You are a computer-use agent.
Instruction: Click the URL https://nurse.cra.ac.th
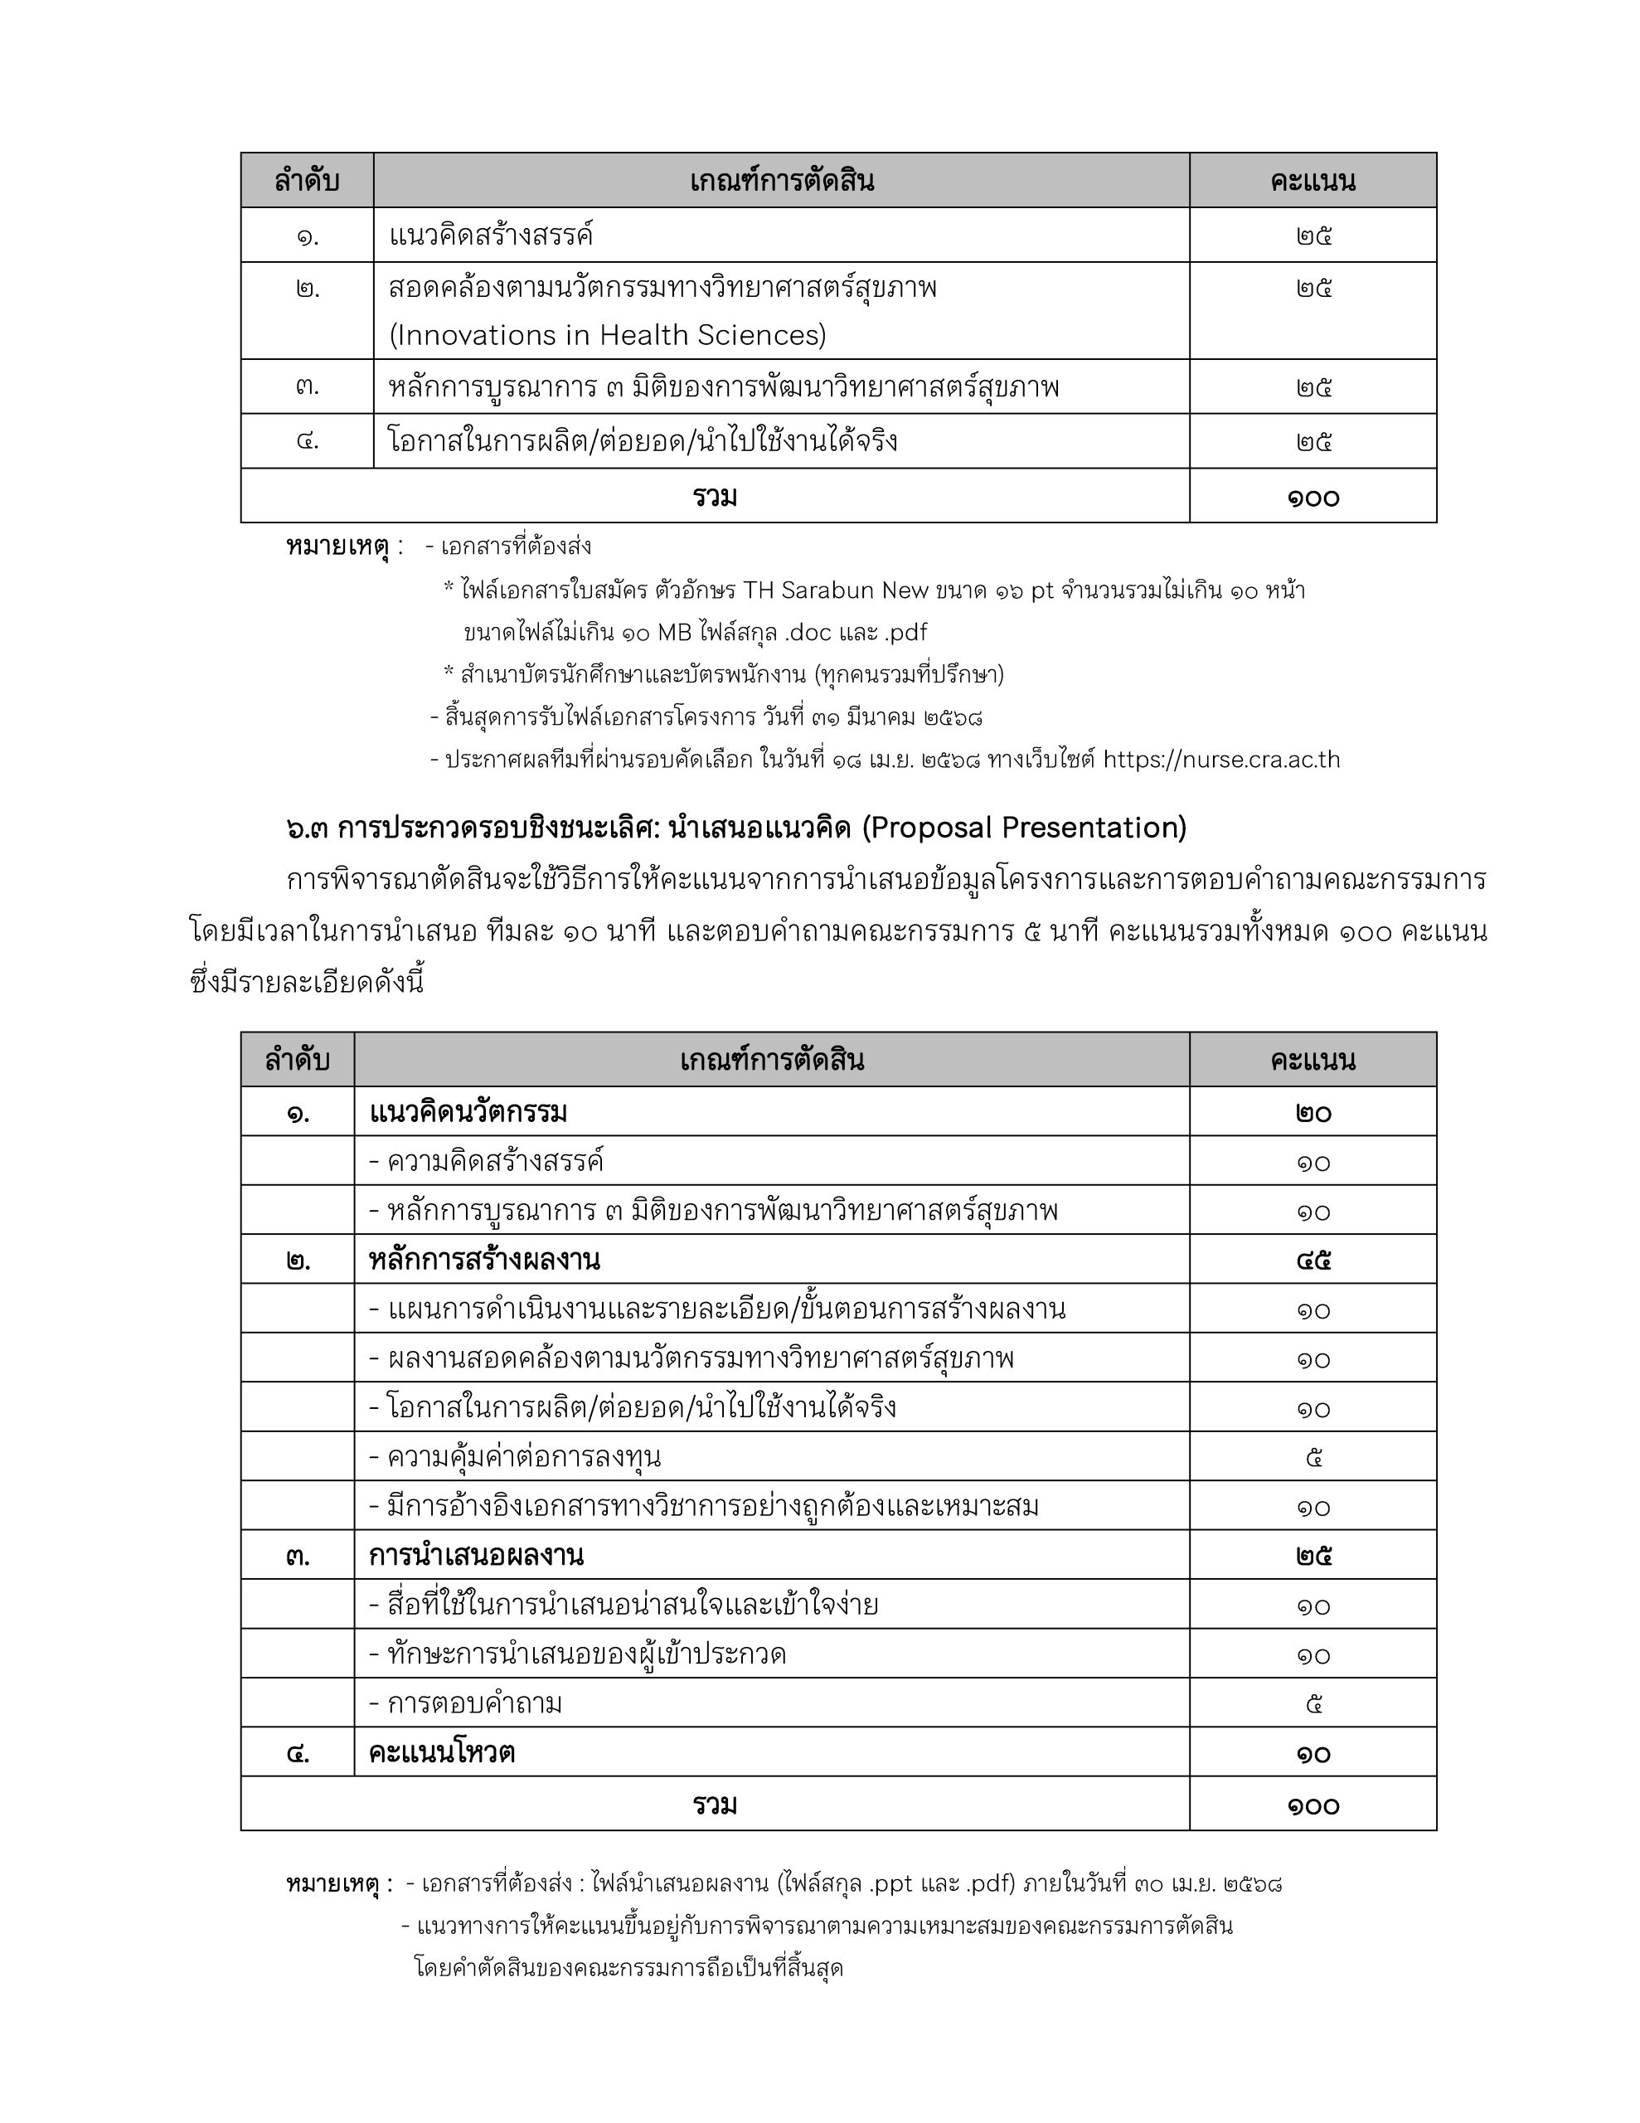click(1221, 759)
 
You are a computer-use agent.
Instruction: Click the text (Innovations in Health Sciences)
click(607, 335)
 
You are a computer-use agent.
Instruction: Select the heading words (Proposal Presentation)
click(1024, 828)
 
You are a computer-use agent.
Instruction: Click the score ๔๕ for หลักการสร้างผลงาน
click(1312, 1261)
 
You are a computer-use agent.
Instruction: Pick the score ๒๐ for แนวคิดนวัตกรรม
click(1312, 1113)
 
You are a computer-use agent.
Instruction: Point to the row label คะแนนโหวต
click(441, 1752)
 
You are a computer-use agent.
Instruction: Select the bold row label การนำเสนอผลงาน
click(475, 1555)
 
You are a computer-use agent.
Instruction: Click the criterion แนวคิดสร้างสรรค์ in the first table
click(491, 236)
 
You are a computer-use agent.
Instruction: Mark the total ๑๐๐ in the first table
click(1312, 498)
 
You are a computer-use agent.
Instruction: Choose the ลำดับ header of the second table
click(298, 1060)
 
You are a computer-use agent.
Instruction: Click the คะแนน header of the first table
click(1312, 181)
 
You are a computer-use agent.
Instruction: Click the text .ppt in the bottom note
click(886, 1884)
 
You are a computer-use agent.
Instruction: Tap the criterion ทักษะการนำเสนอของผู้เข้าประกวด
click(577, 1654)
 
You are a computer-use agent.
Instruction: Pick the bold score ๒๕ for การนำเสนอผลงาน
click(1312, 1555)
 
